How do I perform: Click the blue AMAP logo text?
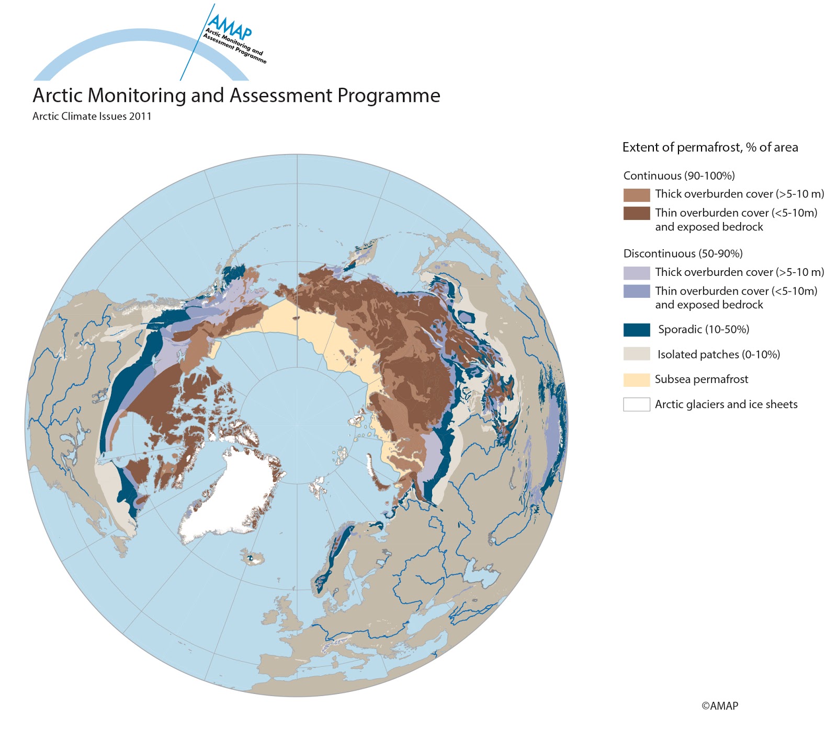229,25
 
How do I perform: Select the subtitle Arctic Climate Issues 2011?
92,116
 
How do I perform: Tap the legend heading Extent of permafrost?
710,147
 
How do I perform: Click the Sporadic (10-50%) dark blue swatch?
637,330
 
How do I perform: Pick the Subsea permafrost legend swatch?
637,380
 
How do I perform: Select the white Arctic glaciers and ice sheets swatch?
637,404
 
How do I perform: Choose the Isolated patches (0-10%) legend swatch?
637,354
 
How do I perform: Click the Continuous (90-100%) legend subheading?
679,176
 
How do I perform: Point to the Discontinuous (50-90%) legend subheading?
683,253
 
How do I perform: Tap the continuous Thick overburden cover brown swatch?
637,195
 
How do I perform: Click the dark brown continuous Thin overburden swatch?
637,213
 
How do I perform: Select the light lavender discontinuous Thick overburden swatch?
637,273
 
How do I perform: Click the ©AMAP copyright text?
719,705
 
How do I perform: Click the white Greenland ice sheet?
235,491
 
